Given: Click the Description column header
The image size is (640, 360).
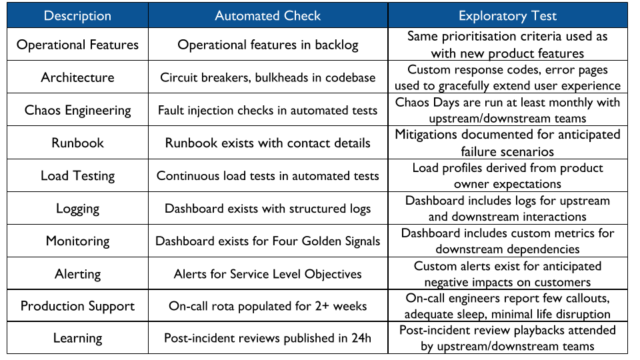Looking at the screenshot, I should (x=78, y=17).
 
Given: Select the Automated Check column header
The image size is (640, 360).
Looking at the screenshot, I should (x=267, y=17).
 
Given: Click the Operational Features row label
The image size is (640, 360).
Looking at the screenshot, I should (x=78, y=45).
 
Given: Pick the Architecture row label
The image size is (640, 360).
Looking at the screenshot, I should (x=78, y=77).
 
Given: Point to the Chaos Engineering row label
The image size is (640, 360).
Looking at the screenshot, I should (x=78, y=110).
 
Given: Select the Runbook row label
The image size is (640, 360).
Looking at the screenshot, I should (x=78, y=143).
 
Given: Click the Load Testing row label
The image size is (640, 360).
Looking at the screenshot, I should (x=78, y=175).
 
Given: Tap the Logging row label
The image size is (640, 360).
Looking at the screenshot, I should (x=78, y=208).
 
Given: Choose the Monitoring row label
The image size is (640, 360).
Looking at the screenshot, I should (x=78, y=241).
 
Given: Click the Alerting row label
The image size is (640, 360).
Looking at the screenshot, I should (x=78, y=273).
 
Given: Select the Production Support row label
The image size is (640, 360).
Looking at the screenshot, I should (x=78, y=306).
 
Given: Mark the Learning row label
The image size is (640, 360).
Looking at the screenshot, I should (x=78, y=338).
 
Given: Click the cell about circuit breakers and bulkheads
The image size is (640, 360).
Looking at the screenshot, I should (x=267, y=77).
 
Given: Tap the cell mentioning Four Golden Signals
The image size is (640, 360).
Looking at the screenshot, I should (x=267, y=241).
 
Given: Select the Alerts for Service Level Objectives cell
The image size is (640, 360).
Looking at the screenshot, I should (x=267, y=273).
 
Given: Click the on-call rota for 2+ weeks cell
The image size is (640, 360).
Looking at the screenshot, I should (x=267, y=306).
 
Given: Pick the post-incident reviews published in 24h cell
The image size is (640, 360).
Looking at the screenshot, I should (x=267, y=338).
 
